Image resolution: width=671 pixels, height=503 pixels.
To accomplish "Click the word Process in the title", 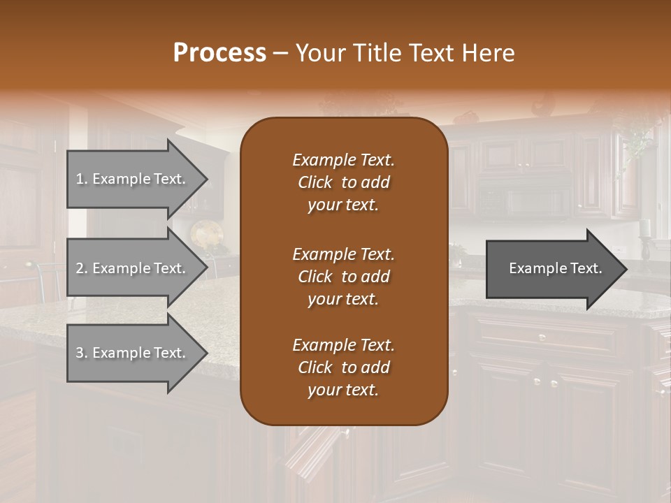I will (219, 53).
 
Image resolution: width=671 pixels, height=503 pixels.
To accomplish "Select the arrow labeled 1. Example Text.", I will (133, 179).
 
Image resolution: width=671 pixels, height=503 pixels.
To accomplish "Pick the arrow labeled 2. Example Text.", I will (133, 268).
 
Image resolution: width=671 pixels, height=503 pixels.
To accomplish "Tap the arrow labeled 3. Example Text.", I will (133, 353).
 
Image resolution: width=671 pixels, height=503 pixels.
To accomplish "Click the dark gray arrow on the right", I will (552, 268).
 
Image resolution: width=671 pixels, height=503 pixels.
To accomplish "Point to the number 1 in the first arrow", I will (79, 179).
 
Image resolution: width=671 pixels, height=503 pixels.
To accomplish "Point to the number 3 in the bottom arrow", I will (79, 353).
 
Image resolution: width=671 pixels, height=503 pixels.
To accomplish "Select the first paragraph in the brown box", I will (343, 182).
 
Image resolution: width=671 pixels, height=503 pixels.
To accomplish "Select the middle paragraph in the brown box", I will (343, 277).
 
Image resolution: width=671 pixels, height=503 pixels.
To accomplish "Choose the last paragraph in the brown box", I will (343, 367).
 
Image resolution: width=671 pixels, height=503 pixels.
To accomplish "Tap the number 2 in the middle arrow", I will (80, 268).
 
